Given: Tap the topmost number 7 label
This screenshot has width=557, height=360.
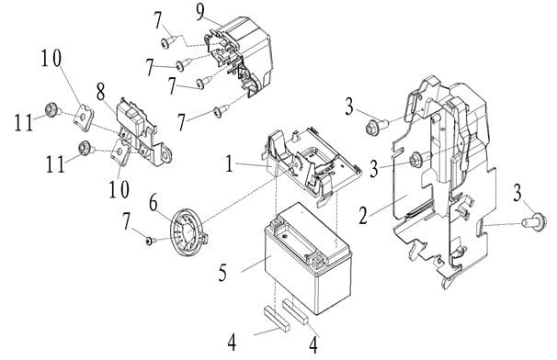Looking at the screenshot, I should click(157, 17).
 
